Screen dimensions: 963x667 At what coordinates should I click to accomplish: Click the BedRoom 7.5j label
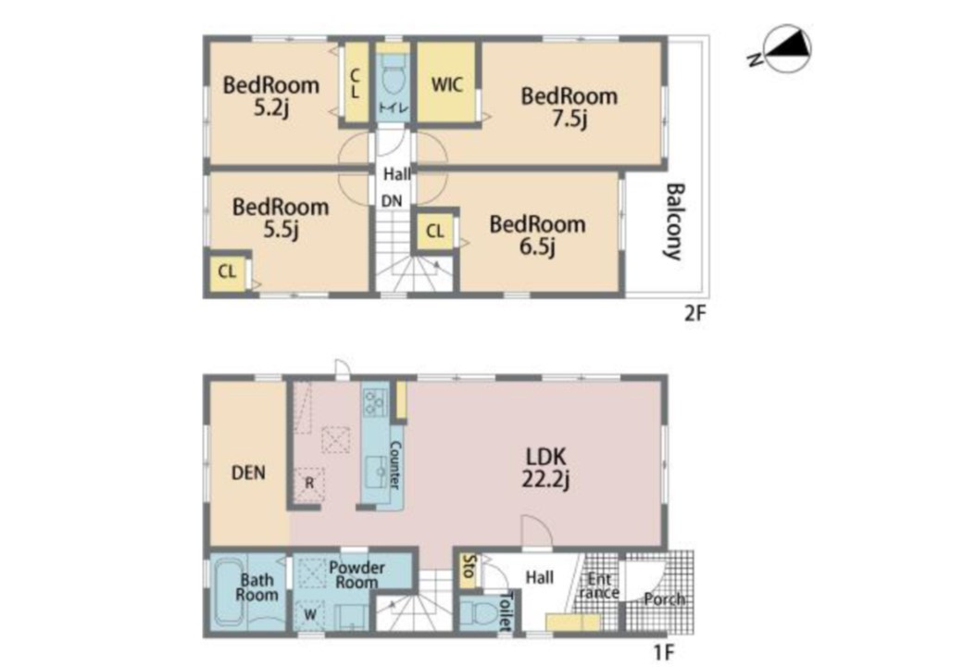click(569, 107)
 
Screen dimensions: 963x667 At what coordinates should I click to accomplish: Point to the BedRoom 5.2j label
click(270, 95)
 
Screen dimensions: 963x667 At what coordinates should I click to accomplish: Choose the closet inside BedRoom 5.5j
click(227, 271)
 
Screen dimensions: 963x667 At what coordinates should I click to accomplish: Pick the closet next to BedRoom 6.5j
click(435, 232)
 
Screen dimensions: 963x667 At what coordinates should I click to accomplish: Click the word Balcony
click(674, 221)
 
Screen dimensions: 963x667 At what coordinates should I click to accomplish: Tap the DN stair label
click(392, 201)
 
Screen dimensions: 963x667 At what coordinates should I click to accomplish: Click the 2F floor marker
click(695, 314)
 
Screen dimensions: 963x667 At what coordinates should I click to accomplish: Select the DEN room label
click(248, 472)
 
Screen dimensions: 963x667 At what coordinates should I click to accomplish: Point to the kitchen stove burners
click(375, 402)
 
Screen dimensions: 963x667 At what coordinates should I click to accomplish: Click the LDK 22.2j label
click(546, 468)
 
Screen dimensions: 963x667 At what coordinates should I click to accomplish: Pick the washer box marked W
click(311, 613)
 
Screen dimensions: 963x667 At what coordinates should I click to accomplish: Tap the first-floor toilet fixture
click(483, 613)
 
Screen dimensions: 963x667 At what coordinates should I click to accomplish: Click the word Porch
click(665, 598)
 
